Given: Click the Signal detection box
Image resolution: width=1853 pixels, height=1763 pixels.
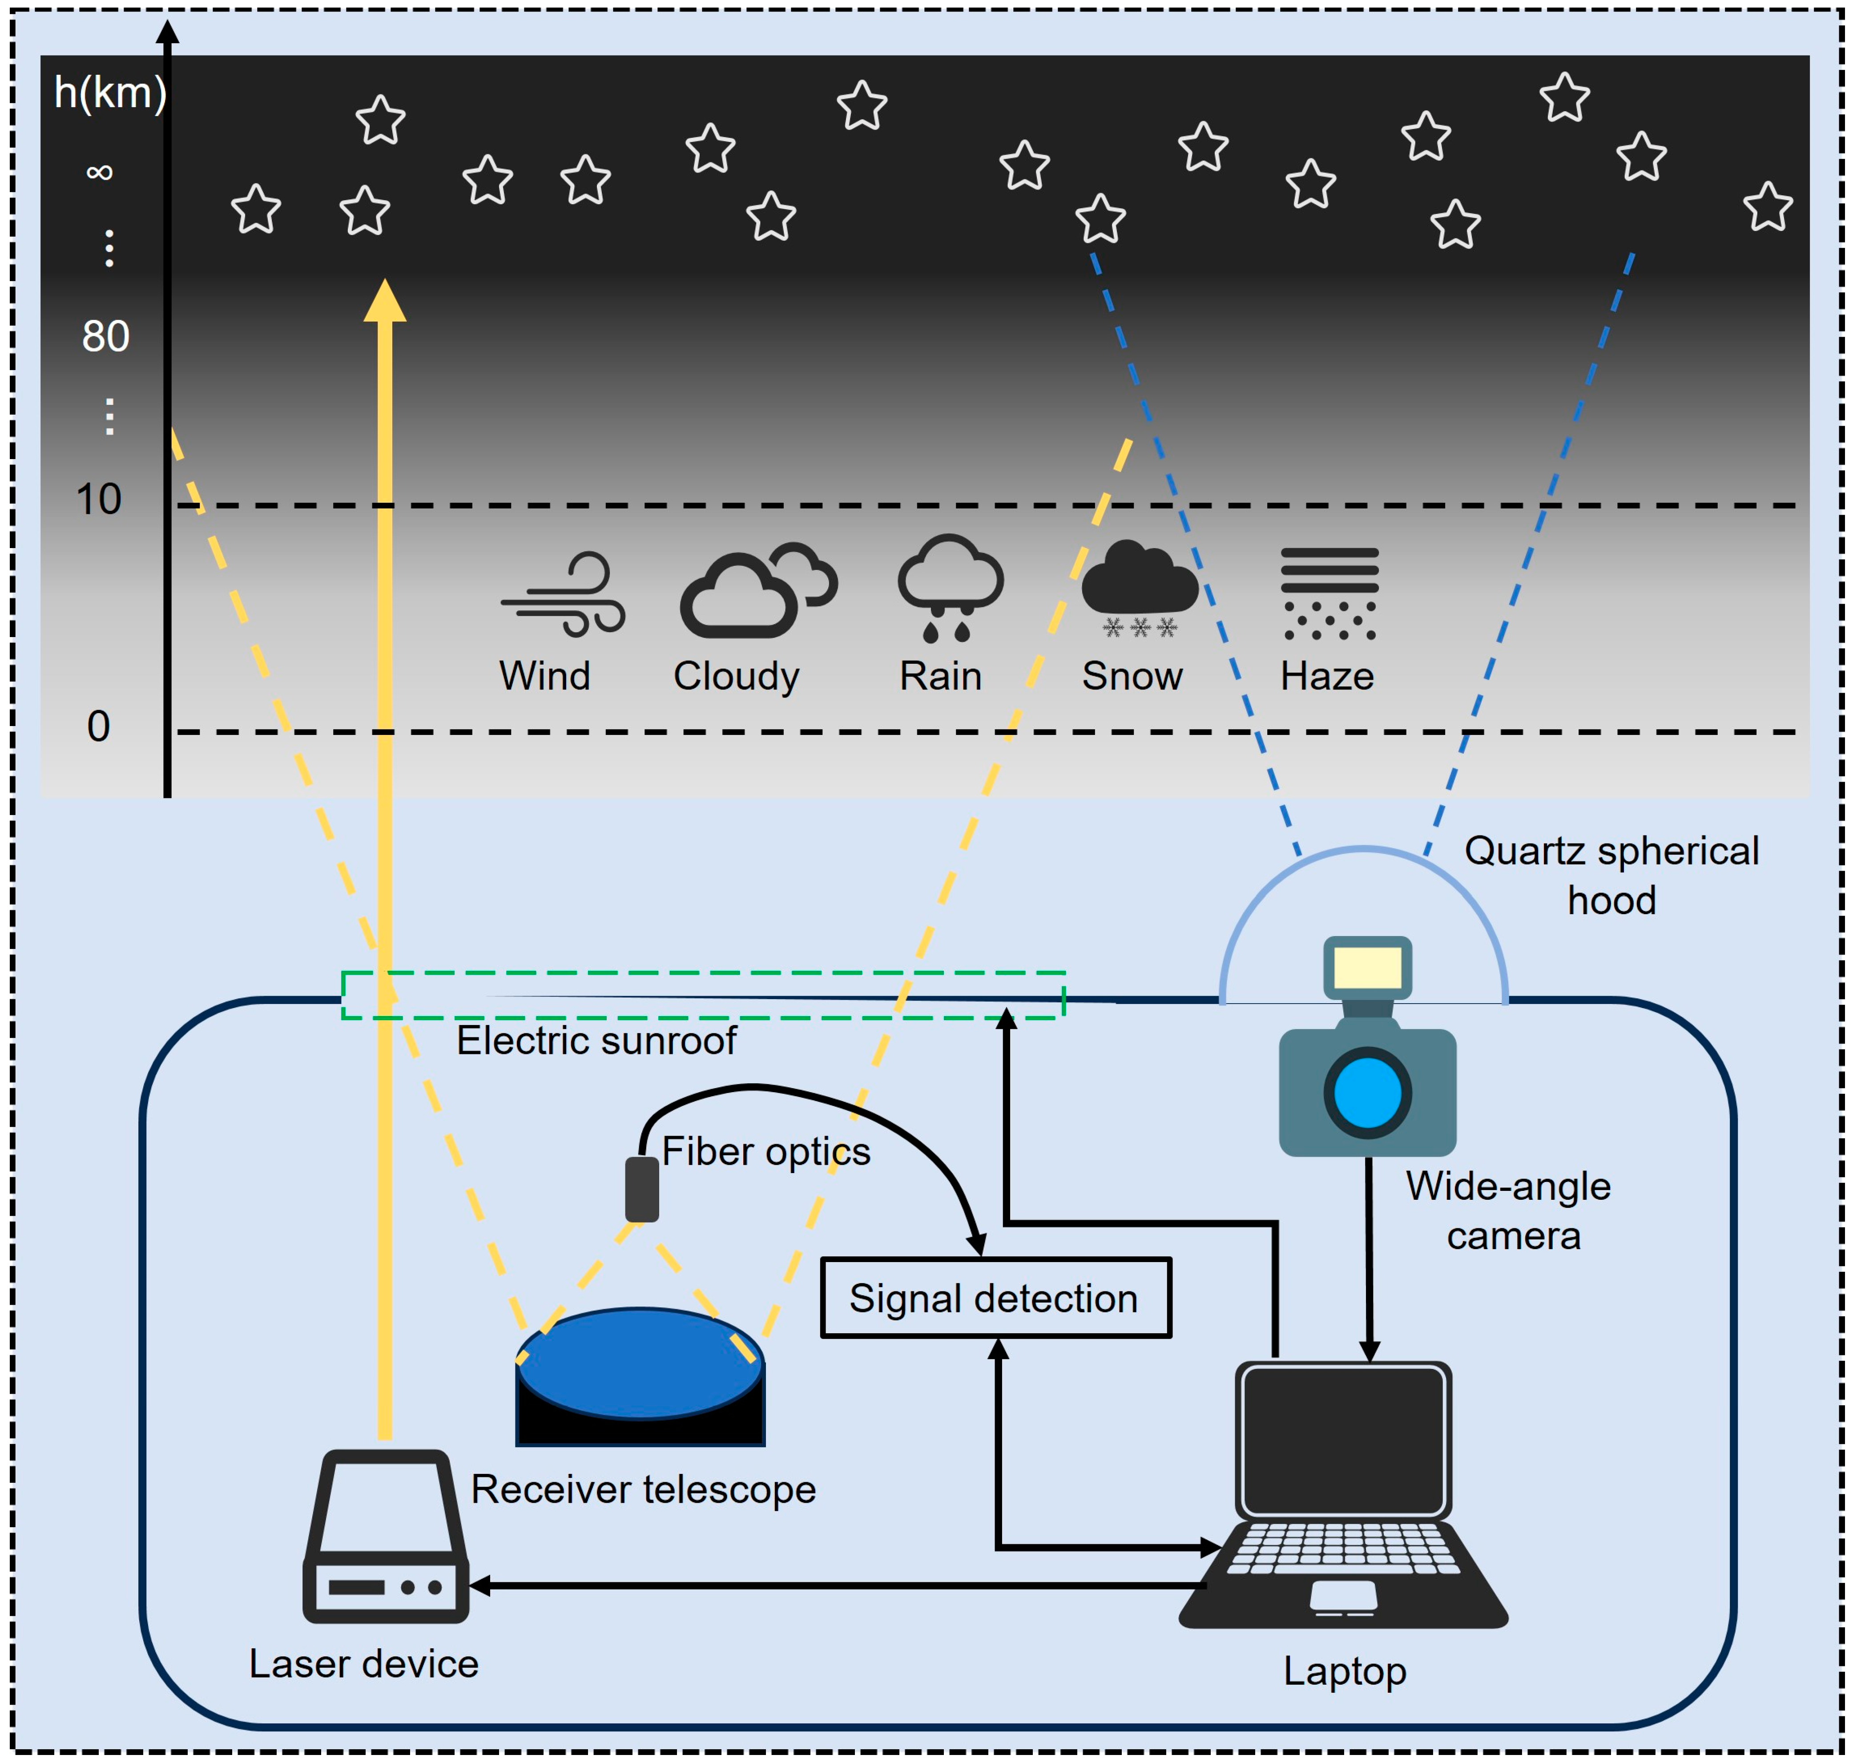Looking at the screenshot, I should point(995,1298).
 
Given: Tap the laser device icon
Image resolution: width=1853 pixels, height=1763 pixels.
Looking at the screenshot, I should point(385,1537).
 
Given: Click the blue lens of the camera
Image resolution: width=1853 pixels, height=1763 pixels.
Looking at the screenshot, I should point(1367,1093).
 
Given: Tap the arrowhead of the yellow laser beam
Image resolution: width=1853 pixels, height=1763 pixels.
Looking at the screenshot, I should point(384,301).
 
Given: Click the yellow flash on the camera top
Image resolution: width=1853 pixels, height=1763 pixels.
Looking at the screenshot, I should point(1367,967).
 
